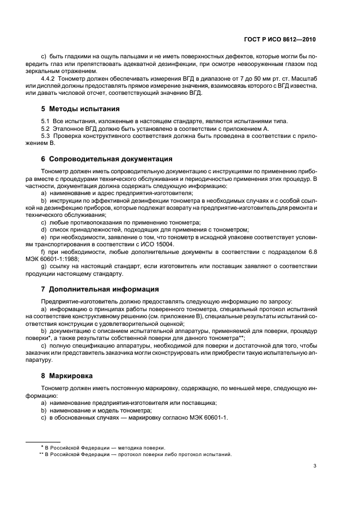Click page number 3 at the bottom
315,465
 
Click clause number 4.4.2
49,78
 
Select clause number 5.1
45,120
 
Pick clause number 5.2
45,129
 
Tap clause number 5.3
45,136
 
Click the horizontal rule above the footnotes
44,441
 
